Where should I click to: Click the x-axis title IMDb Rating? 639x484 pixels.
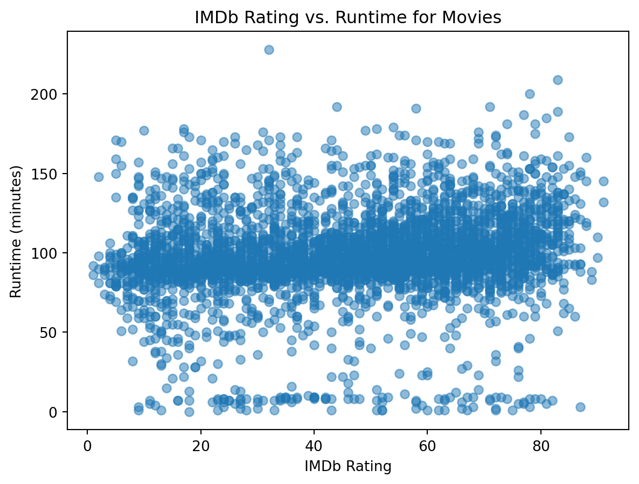point(348,466)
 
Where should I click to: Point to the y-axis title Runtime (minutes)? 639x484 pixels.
point(16,232)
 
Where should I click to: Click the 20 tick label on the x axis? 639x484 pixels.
point(200,445)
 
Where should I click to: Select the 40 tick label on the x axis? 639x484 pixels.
point(314,445)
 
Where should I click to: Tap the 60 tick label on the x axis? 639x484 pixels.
point(427,445)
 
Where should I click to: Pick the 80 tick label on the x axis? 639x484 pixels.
point(540,445)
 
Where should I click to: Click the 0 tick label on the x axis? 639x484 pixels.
point(87,445)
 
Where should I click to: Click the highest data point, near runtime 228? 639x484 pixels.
point(269,50)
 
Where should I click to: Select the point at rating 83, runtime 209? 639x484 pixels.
point(558,80)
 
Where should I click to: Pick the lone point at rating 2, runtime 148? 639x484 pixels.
point(99,177)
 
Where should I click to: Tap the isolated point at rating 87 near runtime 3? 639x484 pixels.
point(580,407)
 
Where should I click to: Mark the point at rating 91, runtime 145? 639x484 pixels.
point(603,182)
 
